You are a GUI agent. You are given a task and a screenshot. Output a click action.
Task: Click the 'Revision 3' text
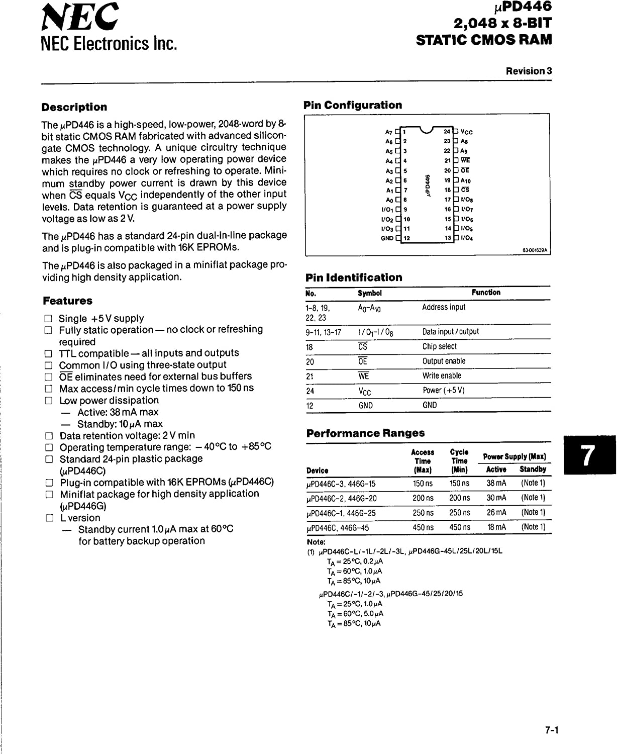click(529, 71)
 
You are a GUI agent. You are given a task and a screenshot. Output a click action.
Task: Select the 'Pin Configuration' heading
click(353, 105)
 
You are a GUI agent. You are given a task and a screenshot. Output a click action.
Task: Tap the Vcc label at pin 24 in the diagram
click(466, 132)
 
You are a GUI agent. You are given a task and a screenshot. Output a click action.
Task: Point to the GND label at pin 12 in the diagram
click(387, 238)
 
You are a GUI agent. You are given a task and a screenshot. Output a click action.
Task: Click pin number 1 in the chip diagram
click(404, 132)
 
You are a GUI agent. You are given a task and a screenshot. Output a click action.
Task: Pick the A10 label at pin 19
click(466, 180)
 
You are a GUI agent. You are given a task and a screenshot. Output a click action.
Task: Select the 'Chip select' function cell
click(439, 346)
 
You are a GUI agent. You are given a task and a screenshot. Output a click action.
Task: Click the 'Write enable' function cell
click(442, 375)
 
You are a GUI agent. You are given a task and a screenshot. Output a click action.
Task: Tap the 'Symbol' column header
click(369, 293)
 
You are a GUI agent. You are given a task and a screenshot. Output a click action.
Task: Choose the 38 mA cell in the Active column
click(496, 483)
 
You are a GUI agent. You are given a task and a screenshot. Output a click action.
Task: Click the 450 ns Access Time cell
click(423, 527)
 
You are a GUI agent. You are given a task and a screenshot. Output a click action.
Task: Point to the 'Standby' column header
click(533, 469)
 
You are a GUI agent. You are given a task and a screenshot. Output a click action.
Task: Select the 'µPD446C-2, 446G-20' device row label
click(341, 498)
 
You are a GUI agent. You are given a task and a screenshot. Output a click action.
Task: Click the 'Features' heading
click(68, 301)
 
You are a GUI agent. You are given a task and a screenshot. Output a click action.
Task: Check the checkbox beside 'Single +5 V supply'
click(48, 318)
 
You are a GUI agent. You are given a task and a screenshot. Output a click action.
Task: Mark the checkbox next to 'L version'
click(49, 518)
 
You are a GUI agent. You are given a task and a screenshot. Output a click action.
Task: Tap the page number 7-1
click(552, 730)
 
